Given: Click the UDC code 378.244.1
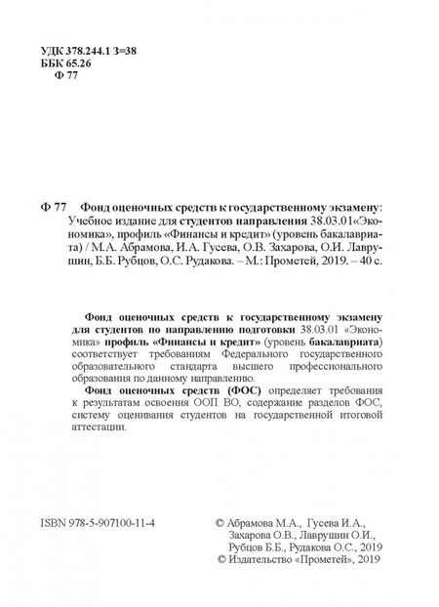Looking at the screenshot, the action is point(94,49).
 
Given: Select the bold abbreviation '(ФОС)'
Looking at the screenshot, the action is point(220,385).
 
